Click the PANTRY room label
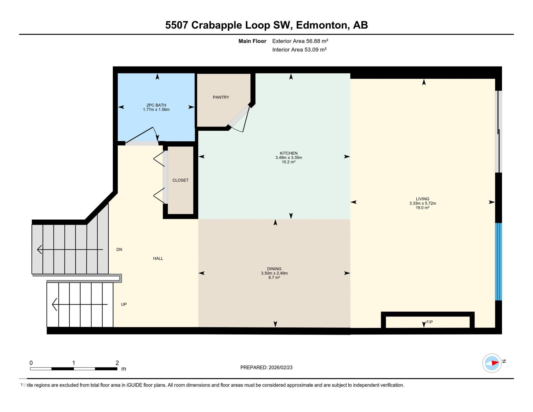[221, 97]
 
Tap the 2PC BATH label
[156, 105]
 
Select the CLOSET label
[180, 180]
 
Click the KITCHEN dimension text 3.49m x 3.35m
[288, 158]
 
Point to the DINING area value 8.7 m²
[274, 278]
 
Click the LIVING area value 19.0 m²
[422, 208]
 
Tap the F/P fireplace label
[429, 322]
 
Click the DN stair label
[119, 250]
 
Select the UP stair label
[124, 304]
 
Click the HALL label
[158, 259]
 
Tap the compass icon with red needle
[492, 363]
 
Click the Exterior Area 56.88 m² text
[300, 41]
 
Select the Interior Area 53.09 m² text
[299, 50]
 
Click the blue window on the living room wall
[498, 262]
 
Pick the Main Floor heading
[252, 41]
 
